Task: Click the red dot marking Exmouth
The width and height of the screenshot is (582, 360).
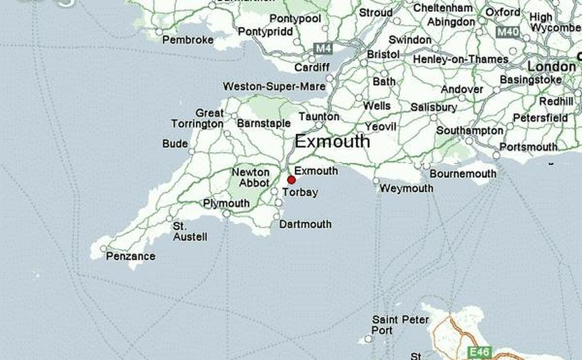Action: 291,180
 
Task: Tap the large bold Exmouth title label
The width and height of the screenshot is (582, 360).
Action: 332,141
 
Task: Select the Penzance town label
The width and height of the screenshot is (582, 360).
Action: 131,256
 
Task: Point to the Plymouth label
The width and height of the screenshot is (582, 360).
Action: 226,203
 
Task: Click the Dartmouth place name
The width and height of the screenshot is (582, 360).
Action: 305,224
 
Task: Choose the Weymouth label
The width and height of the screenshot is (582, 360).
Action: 406,188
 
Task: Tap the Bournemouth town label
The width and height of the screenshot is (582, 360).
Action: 462,173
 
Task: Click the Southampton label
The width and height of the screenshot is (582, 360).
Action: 469,131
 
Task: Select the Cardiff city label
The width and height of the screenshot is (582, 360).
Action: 311,68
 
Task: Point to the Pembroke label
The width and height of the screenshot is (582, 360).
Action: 188,40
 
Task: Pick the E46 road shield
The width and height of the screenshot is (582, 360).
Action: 482,352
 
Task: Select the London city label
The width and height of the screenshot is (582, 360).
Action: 551,66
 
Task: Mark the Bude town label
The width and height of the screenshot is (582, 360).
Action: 175,143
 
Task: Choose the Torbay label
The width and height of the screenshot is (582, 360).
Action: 300,192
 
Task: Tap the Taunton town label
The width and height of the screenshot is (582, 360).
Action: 319,116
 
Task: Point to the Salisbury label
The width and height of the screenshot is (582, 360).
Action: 433,107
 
